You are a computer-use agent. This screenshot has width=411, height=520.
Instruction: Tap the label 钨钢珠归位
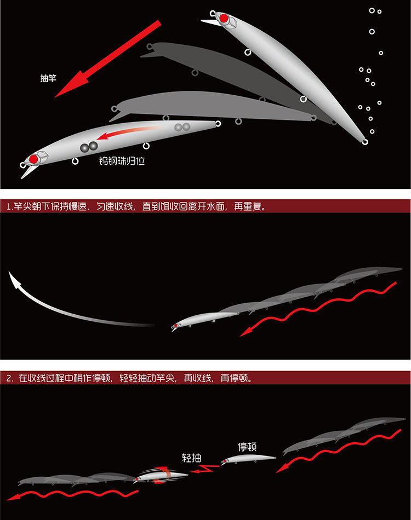tap(122, 161)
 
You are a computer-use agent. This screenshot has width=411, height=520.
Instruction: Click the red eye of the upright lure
tap(224, 18)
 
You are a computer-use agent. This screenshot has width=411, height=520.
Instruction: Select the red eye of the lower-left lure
tap(33, 159)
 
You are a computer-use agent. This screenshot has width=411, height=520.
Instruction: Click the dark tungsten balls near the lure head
tap(89, 146)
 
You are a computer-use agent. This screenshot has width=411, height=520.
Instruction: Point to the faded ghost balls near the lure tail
tap(182, 127)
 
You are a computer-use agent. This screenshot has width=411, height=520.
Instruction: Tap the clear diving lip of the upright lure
tap(209, 22)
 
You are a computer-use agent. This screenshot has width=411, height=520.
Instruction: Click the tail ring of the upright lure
tap(365, 142)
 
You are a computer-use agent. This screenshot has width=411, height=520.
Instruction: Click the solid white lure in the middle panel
tap(206, 320)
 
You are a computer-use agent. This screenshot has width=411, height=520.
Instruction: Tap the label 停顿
tap(248, 446)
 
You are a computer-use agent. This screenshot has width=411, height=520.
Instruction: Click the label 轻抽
tap(192, 458)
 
